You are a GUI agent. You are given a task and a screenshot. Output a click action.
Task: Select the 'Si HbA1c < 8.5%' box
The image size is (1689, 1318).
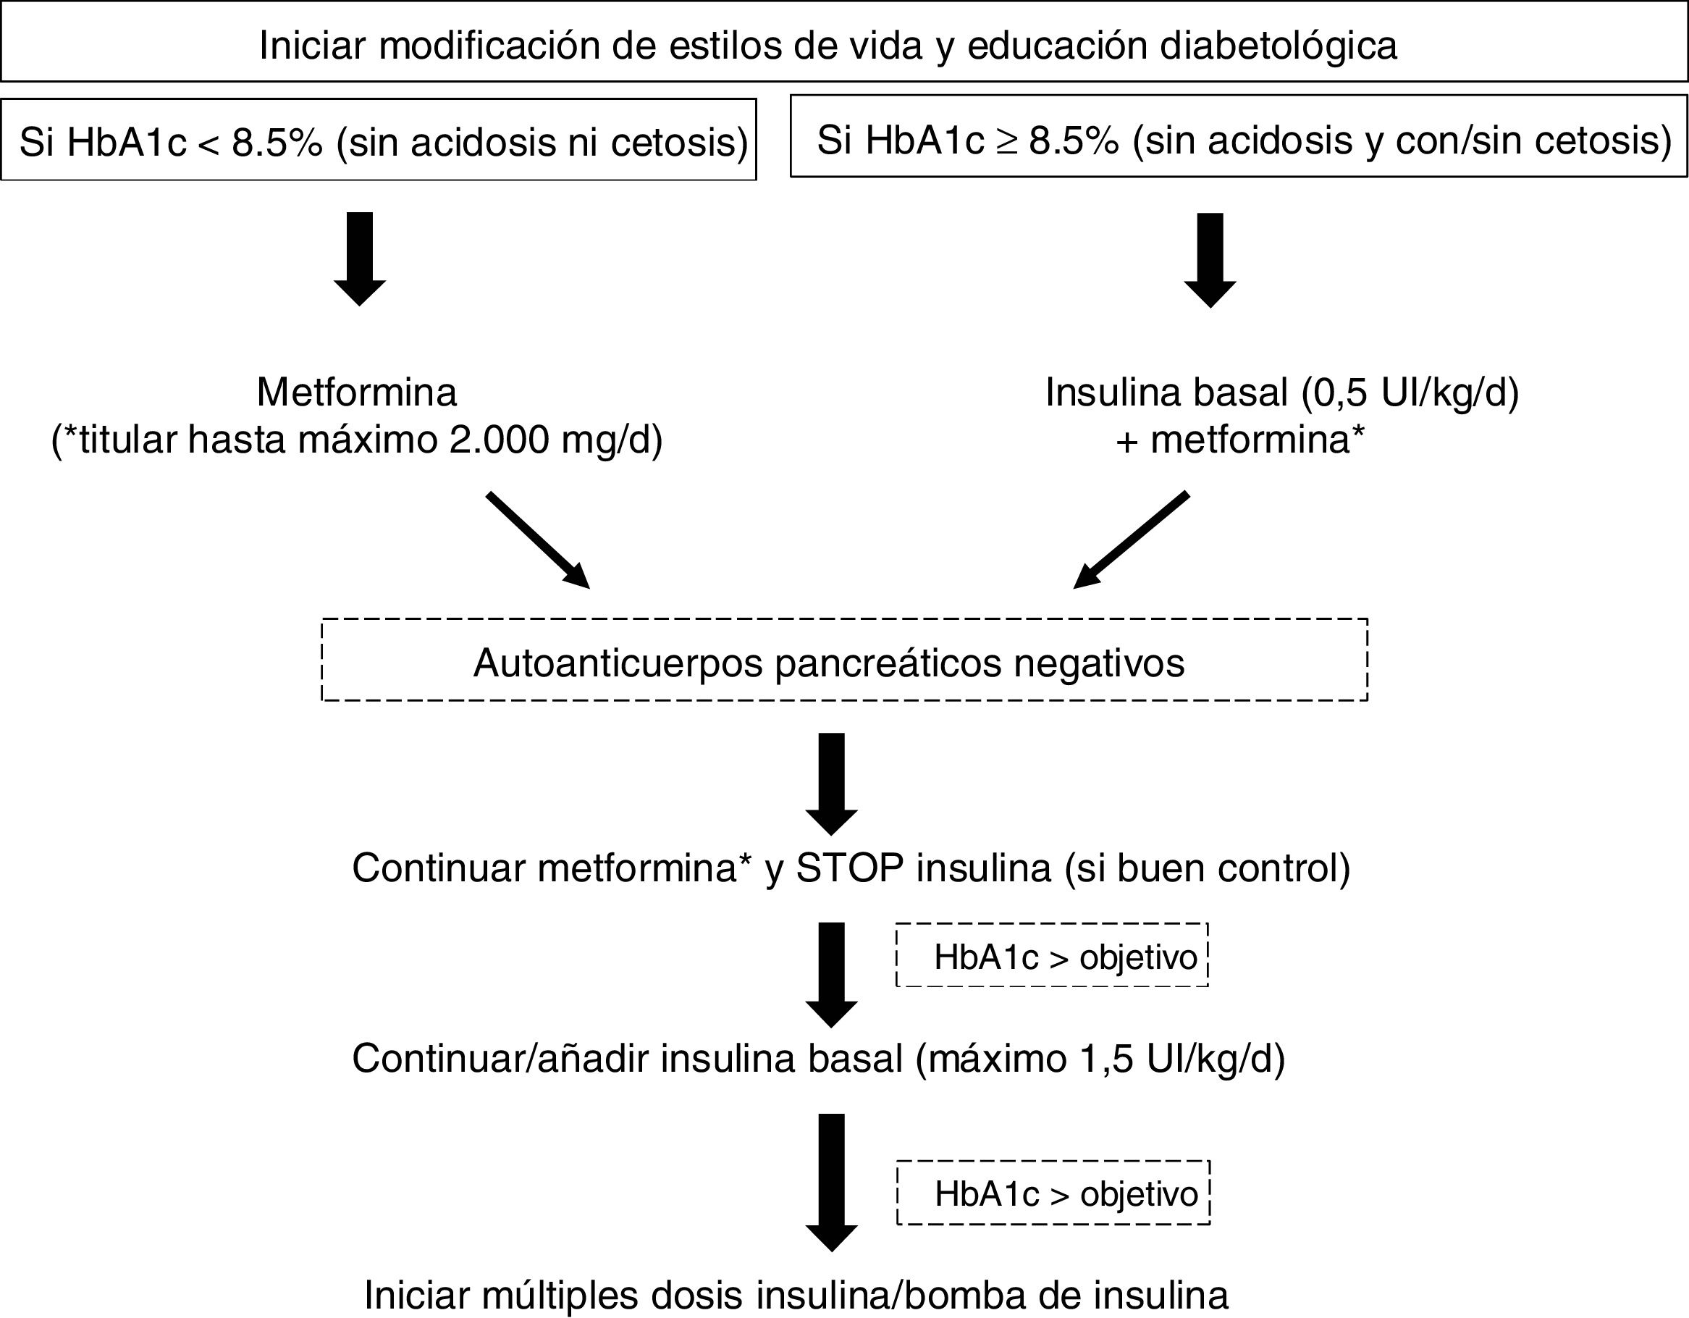tap(378, 140)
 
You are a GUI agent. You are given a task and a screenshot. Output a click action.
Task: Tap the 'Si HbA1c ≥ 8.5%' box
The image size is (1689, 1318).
tap(1238, 138)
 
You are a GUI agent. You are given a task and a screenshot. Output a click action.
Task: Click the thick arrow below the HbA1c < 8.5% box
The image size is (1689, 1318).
tap(360, 259)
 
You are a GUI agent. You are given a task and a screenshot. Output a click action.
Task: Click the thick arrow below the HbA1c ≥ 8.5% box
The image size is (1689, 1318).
tap(1210, 260)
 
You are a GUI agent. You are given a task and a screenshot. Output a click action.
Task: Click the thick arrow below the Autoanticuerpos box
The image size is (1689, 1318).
tap(831, 784)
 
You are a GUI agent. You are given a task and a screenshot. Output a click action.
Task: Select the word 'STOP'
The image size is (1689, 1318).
tap(850, 868)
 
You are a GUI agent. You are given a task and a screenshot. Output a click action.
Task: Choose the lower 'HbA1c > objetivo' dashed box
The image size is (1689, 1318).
tap(1053, 1193)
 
